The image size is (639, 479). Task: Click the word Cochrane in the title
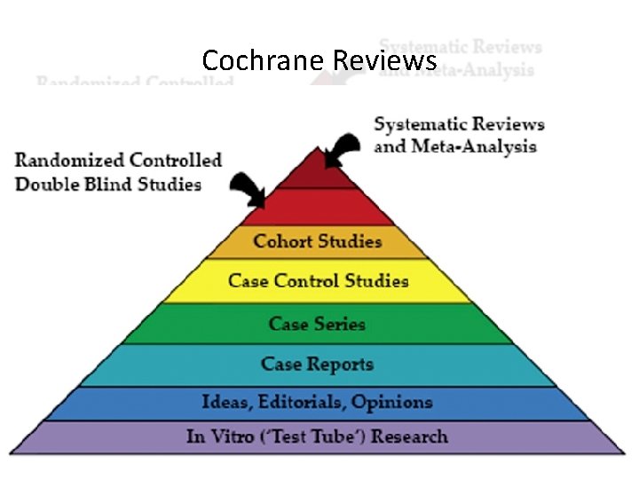coord(264,60)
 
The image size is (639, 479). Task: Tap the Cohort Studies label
coord(317,241)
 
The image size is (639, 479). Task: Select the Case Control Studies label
coord(318,281)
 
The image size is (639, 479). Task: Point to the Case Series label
coord(317,323)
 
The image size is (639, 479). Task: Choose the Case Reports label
coord(317,364)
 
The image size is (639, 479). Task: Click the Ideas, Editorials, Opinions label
coord(317,403)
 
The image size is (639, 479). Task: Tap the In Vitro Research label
coord(317,436)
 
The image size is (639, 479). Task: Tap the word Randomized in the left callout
coord(69,161)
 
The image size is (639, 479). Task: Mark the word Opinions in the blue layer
coord(391,403)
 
